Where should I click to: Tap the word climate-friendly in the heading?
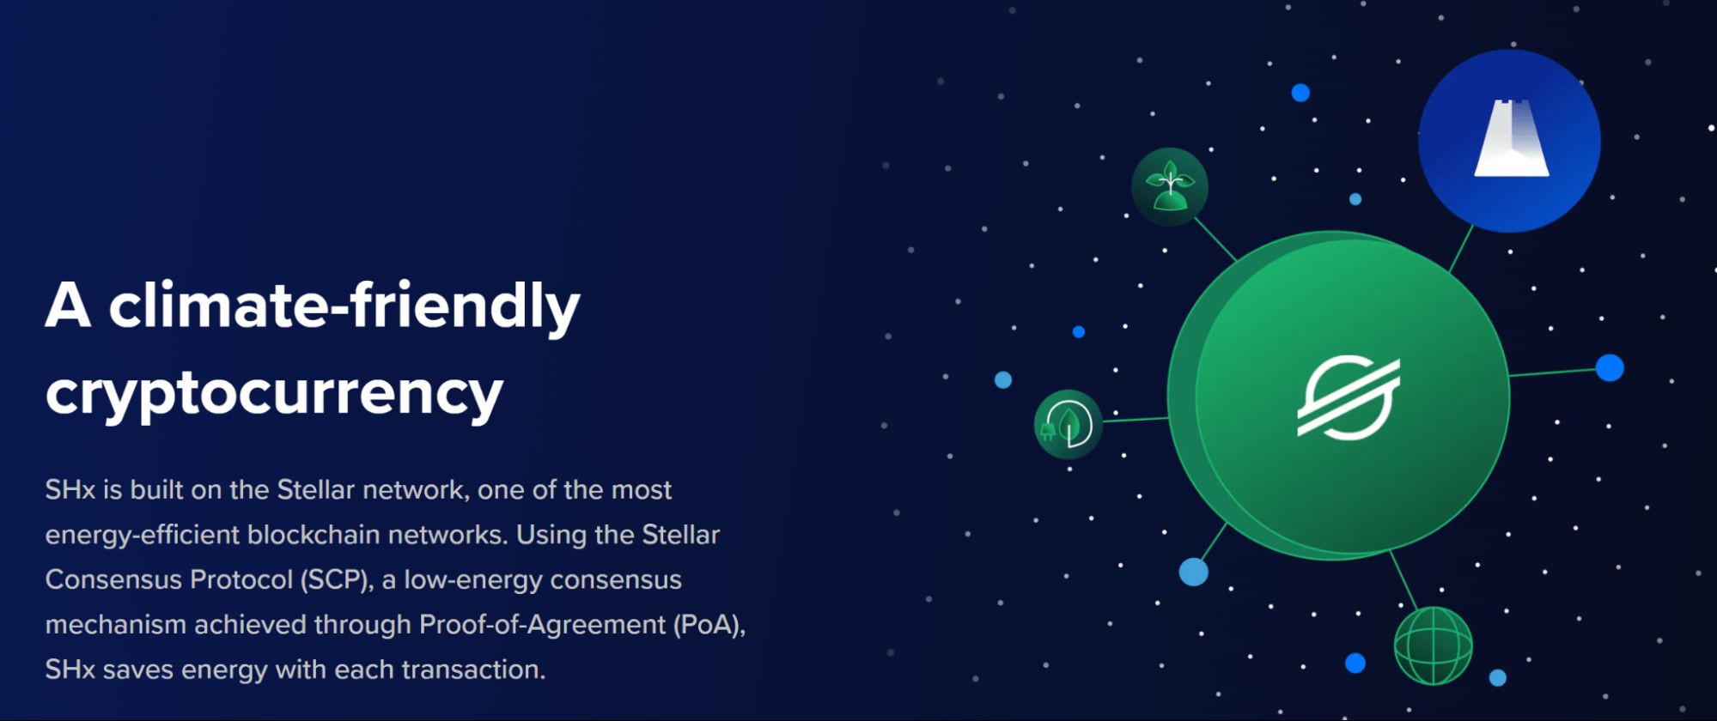click(344, 306)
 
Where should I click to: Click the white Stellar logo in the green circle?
click(1349, 397)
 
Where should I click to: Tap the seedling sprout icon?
click(1169, 186)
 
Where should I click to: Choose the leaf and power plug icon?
click(1068, 424)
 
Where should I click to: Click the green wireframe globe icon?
click(1433, 645)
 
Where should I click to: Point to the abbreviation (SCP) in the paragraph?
click(336, 580)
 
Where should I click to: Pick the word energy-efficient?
click(143, 536)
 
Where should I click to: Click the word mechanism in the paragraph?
click(116, 625)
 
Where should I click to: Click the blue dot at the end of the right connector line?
click(1610, 367)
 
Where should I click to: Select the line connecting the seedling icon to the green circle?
click(1215, 239)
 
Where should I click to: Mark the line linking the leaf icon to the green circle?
click(1135, 420)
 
